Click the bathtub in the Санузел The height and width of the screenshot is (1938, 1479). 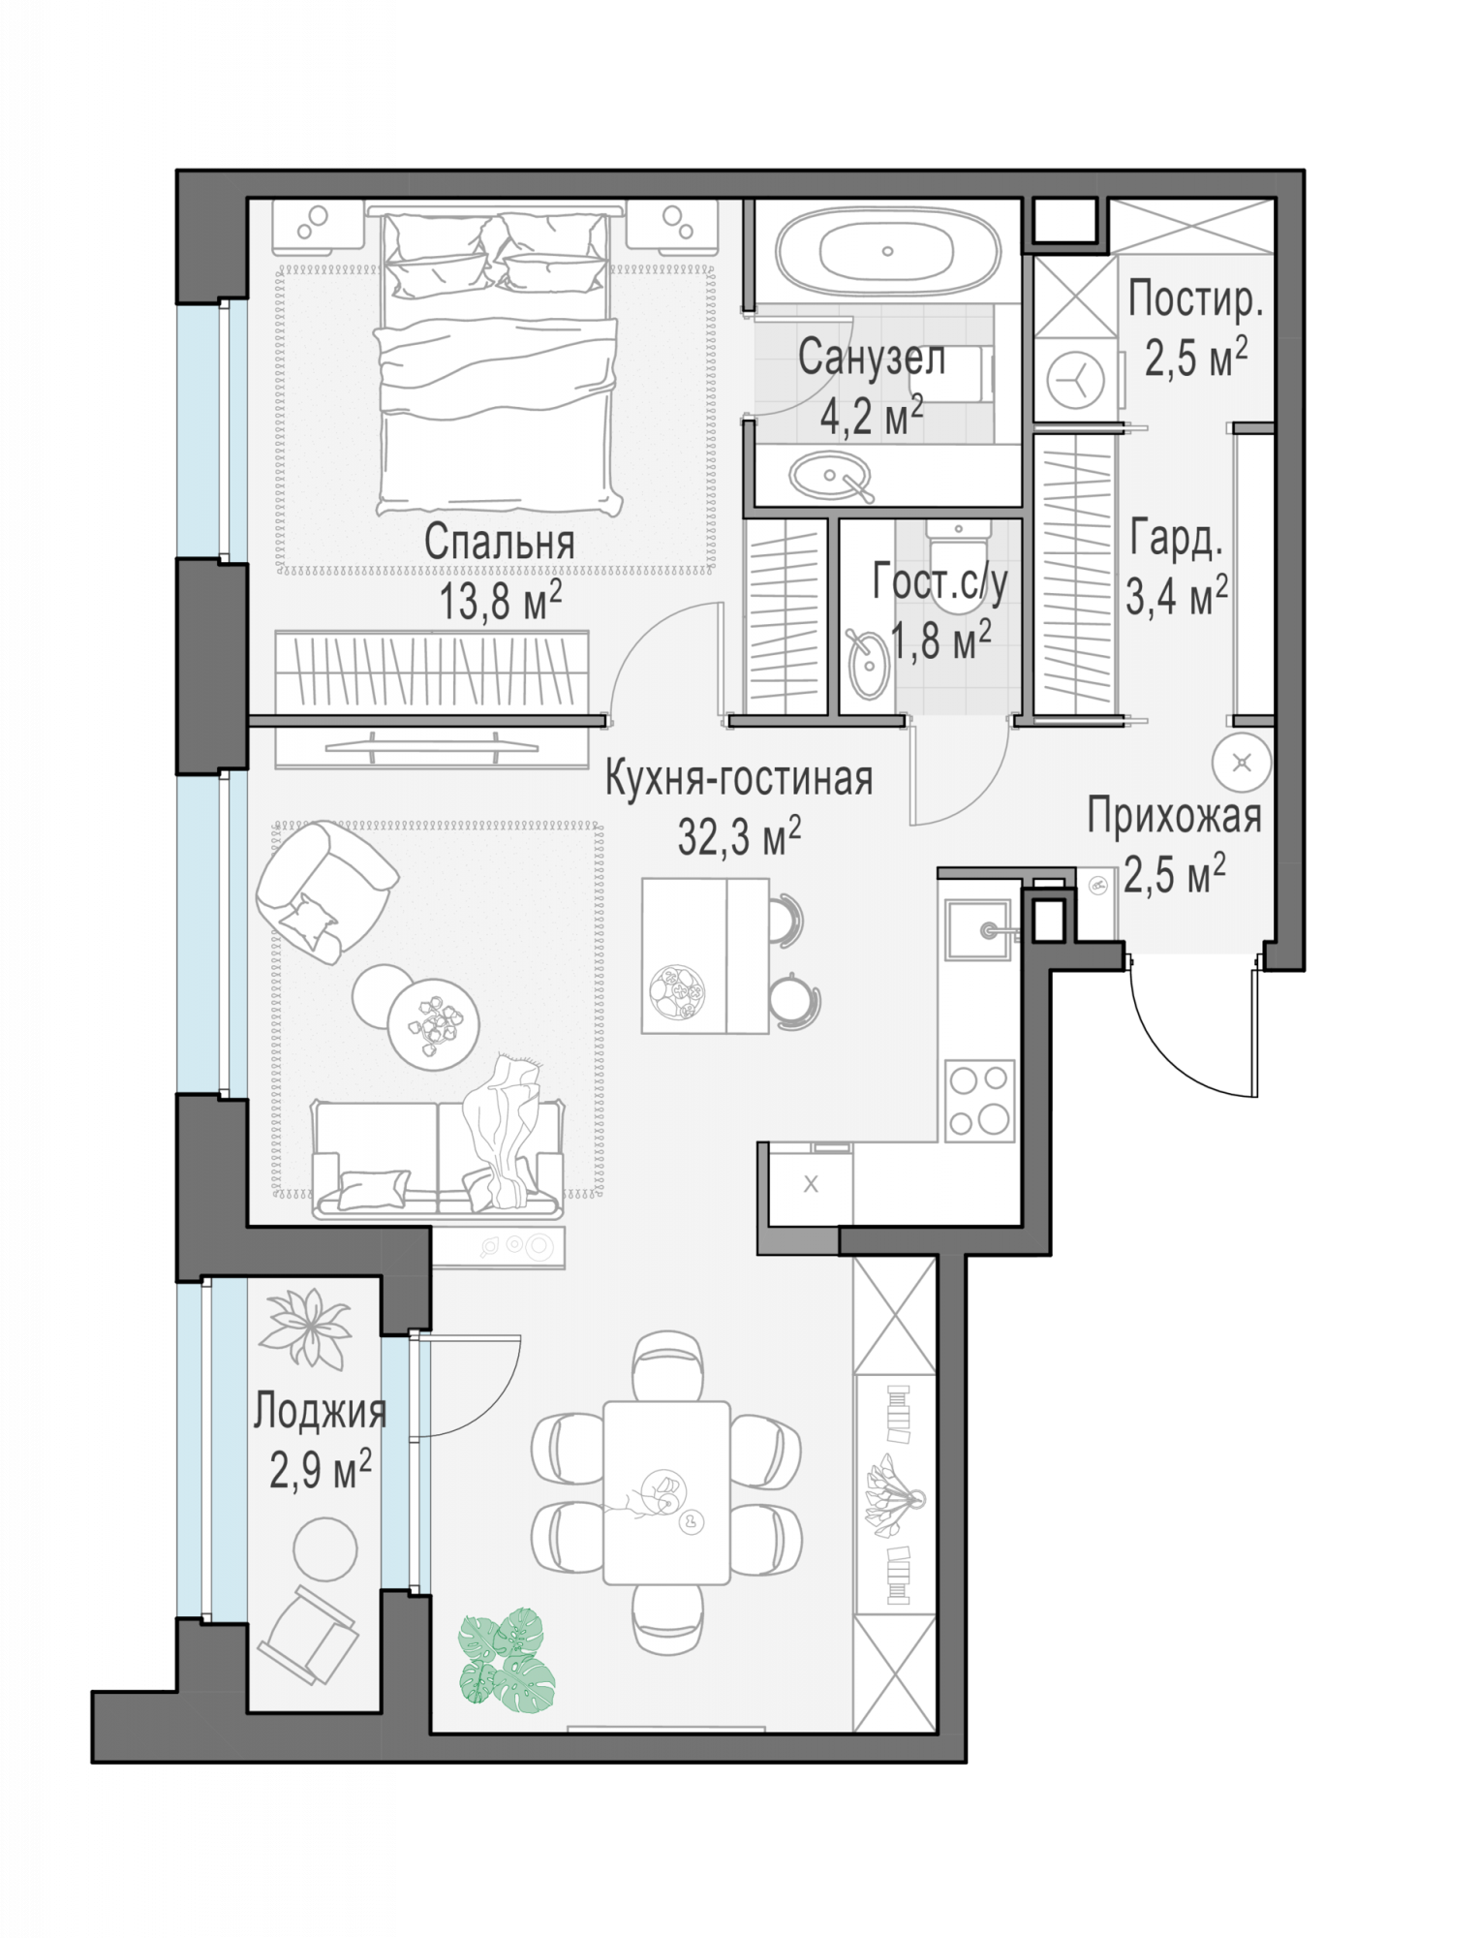tap(887, 251)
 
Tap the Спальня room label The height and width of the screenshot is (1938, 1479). tap(499, 544)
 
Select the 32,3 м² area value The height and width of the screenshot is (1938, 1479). tap(739, 836)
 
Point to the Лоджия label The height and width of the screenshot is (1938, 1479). tap(320, 1413)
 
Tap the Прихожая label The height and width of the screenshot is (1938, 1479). tap(1174, 816)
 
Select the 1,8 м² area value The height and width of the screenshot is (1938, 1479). tap(940, 640)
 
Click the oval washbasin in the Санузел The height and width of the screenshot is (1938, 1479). tap(831, 476)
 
